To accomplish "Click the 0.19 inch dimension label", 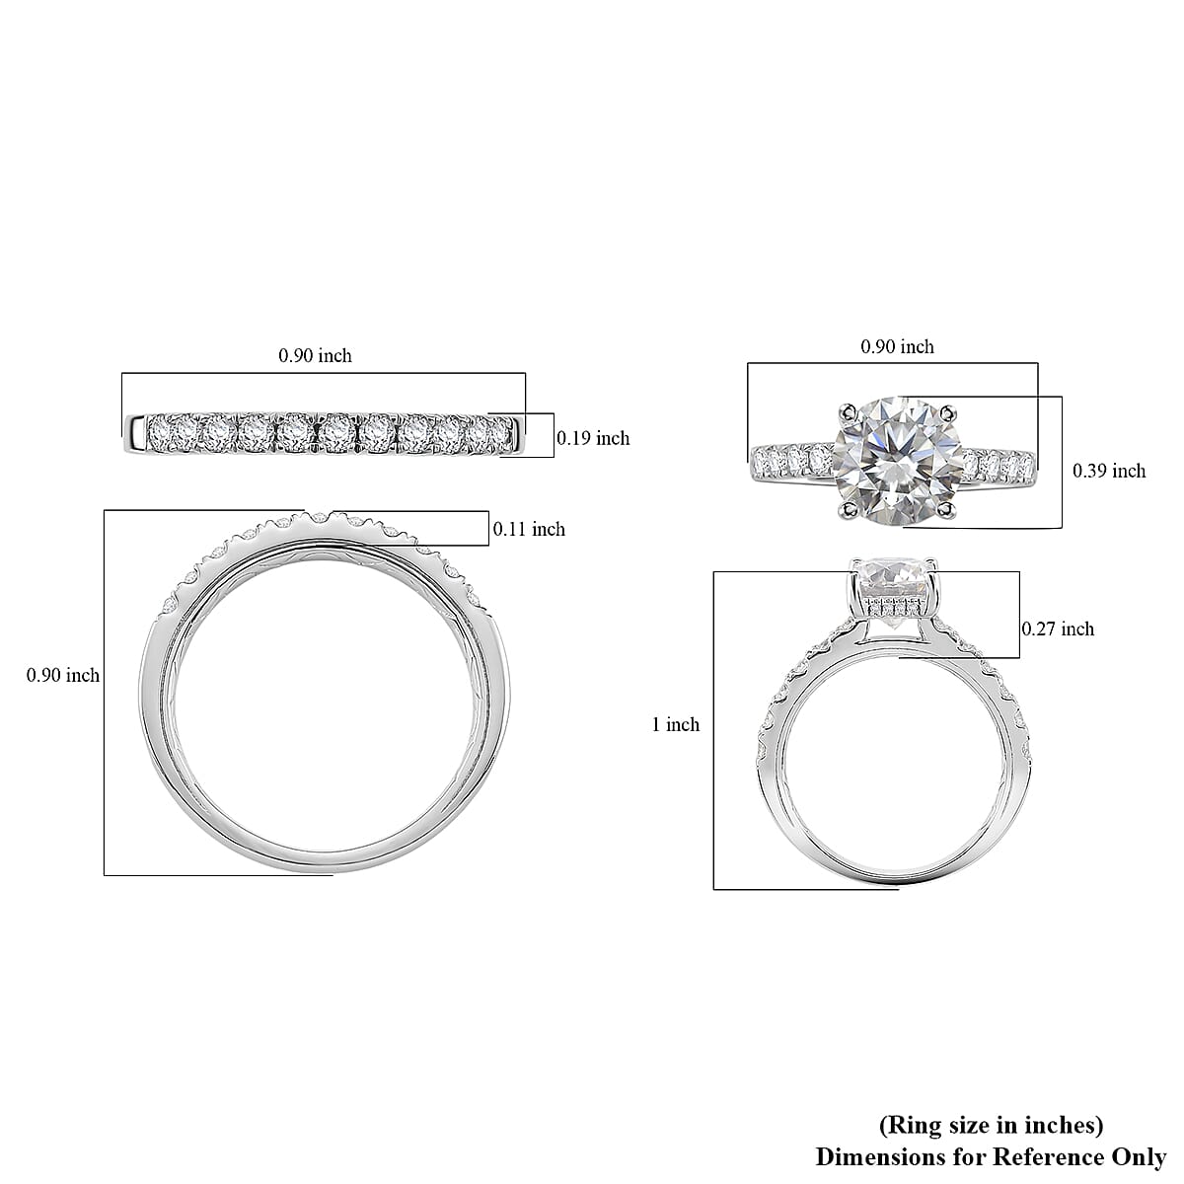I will click(593, 438).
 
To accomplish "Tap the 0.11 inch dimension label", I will click(529, 529).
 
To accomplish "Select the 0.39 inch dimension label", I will click(1109, 471).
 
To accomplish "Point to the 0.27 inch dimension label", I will click(1058, 629).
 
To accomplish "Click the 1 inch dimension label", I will click(676, 724).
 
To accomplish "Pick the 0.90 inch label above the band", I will click(315, 355).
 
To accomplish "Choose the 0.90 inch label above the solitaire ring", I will click(897, 346).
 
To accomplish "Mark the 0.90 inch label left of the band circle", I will click(62, 675).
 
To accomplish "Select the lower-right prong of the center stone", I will click(948, 509).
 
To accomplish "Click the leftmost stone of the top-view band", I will click(160, 431).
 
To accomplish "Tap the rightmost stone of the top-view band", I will click(500, 430).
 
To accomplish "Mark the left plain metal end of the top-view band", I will click(133, 427).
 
